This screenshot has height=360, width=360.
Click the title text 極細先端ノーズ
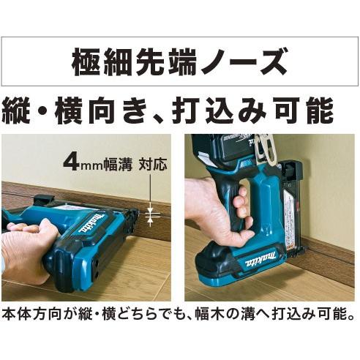(x=179, y=63)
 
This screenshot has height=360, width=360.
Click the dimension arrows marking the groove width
(x=151, y=214)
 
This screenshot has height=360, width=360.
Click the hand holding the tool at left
(x=26, y=252)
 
